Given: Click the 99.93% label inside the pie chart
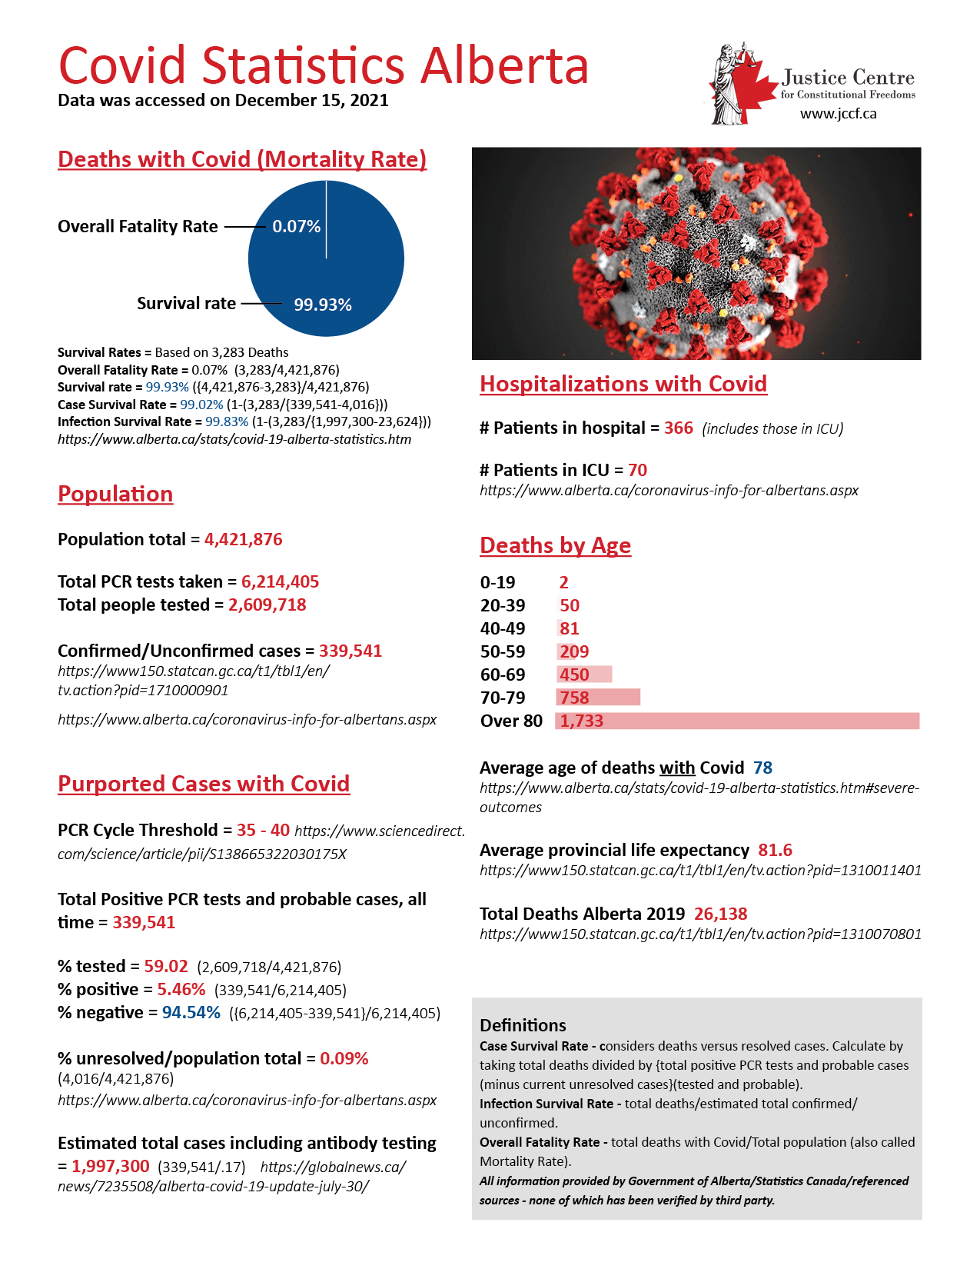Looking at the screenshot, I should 323,305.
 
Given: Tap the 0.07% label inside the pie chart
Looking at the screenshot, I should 297,226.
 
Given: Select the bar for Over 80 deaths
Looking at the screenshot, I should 737,721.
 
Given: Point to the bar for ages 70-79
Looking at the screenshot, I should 598,698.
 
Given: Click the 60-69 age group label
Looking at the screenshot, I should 503,674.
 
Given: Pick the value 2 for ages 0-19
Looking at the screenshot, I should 563,582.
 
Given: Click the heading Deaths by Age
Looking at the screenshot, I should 555,545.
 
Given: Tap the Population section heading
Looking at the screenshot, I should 115,494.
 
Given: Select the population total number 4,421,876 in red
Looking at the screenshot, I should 243,539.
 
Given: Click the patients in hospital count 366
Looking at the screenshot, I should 678,428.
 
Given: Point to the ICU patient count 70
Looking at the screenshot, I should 637,470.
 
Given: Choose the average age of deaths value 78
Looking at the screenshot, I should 762,768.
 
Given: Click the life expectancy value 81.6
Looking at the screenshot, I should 775,850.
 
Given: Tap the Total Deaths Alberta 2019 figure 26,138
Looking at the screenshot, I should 720,914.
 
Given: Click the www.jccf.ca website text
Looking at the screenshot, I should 838,114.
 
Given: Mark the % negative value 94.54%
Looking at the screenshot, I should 191,1012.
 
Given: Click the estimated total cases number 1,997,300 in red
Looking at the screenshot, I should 111,1166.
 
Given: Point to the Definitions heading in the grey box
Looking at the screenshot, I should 523,1025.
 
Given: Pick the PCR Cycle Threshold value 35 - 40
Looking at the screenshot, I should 263,830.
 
